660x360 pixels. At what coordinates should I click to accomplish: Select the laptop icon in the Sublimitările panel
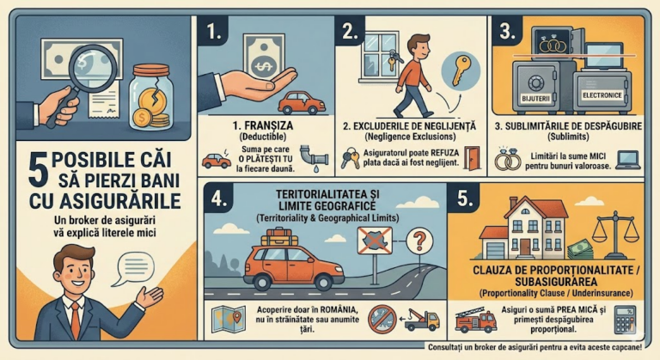(x=629, y=159)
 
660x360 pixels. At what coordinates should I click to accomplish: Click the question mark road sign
(x=419, y=236)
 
